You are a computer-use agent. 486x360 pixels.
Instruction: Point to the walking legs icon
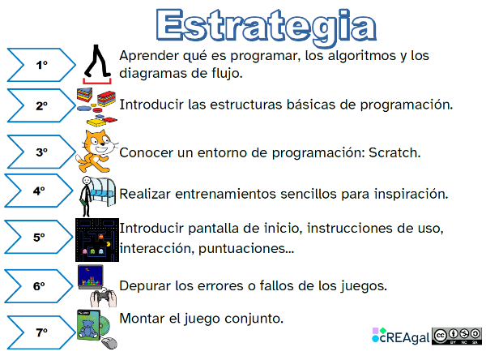[99, 63]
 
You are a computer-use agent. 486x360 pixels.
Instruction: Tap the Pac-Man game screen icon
[96, 238]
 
